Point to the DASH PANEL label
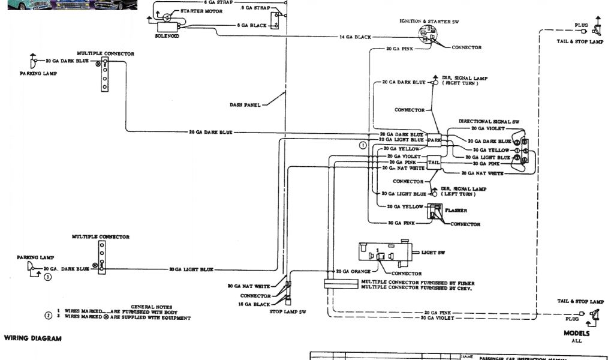245,105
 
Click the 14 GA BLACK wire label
355,37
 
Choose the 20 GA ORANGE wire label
353,271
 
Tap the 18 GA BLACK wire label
255,304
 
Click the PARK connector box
434,140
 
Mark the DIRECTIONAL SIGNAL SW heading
489,121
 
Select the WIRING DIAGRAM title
33,338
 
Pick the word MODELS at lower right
576,333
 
